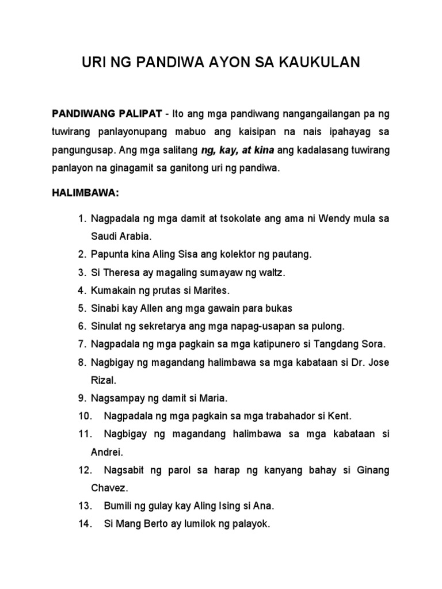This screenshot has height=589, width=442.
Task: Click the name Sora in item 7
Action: (x=373, y=344)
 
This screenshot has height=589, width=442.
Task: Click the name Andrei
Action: (x=106, y=452)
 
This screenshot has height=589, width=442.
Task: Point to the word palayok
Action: (x=249, y=524)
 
